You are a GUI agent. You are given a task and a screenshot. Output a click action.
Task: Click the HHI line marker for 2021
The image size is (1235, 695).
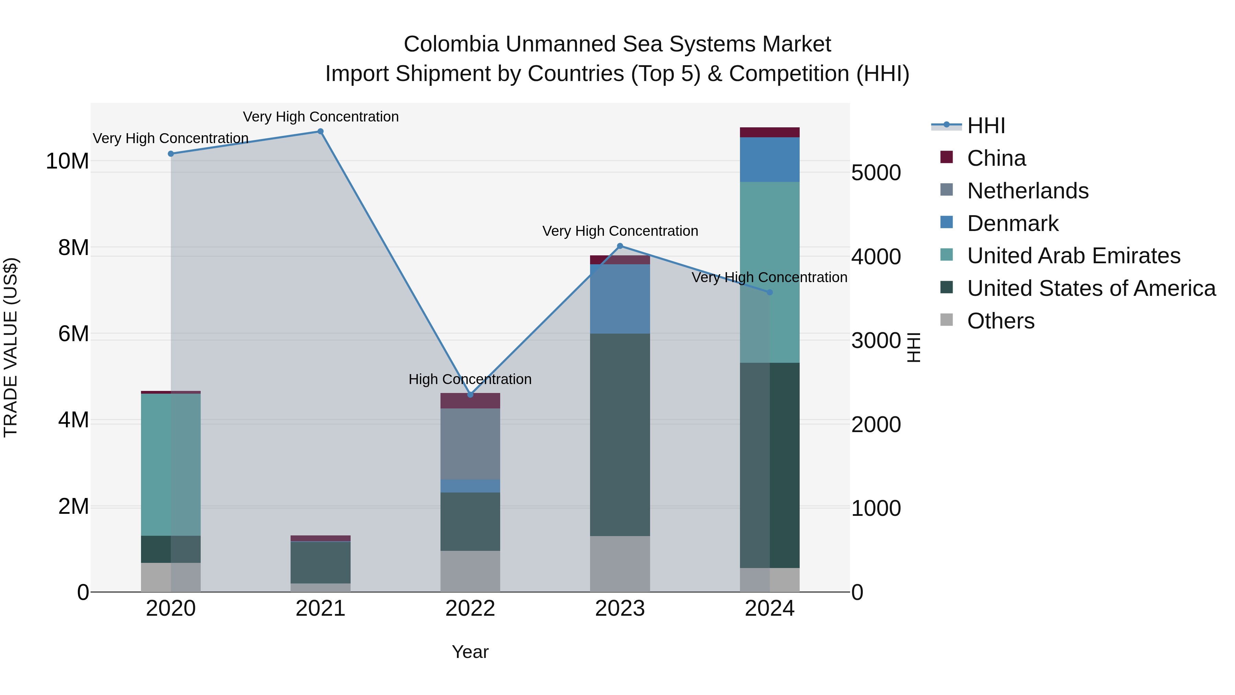320,131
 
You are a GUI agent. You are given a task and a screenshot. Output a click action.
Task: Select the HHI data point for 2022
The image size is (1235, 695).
470,394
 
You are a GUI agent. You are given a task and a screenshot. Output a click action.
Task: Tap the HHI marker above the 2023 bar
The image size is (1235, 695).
620,246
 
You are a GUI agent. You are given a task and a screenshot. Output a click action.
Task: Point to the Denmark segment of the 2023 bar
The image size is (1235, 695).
620,299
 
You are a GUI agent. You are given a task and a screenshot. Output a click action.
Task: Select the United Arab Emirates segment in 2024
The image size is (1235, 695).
769,272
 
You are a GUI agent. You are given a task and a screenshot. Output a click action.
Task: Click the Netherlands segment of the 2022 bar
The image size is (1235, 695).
470,444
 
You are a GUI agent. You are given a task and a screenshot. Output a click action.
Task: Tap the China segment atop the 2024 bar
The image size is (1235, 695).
769,132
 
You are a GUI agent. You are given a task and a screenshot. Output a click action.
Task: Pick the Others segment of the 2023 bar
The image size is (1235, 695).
620,564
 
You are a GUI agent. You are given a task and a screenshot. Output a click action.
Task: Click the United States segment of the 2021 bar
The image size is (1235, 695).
320,562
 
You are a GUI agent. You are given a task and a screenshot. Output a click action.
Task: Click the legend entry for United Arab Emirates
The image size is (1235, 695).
1073,256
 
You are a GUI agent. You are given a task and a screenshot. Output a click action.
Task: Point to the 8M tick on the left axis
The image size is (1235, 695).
73,247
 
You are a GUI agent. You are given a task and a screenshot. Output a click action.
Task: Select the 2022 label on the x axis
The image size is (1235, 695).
470,609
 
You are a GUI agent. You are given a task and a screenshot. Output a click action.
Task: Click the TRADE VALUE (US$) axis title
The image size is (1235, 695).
11,347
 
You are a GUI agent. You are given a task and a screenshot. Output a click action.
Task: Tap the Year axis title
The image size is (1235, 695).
470,652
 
